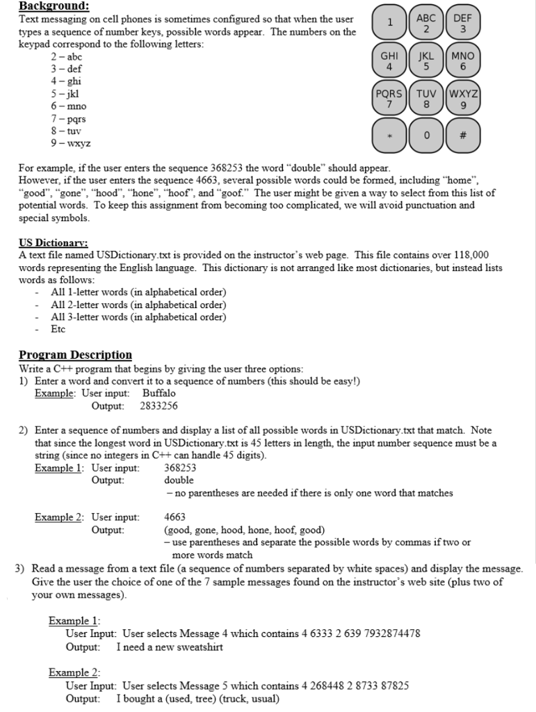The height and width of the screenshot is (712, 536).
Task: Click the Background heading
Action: tap(54, 6)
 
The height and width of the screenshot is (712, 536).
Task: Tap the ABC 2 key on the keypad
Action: tap(425, 23)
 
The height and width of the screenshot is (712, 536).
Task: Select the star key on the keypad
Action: tap(390, 136)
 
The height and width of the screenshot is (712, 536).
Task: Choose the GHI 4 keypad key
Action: tap(390, 60)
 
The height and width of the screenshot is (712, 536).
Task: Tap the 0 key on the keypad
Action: tap(426, 136)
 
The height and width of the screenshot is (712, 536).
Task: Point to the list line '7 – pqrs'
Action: tap(67, 119)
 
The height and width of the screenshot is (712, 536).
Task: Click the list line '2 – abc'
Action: tap(67, 57)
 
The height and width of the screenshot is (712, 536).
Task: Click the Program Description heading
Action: tap(75, 355)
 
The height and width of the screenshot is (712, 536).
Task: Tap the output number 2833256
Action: tap(159, 405)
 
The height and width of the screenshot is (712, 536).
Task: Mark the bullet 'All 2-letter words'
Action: tap(138, 305)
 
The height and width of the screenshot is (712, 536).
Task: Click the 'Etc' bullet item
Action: tap(59, 329)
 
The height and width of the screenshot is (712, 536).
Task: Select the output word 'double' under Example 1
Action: tap(179, 480)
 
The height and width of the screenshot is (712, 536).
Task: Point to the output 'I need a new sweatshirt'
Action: tap(170, 647)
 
